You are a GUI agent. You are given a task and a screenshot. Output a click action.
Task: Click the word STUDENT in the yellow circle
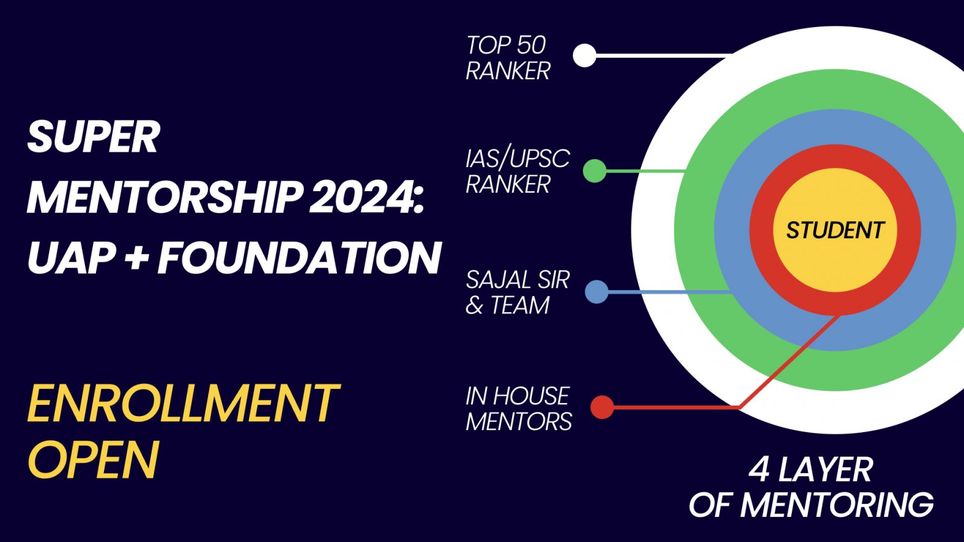(835, 230)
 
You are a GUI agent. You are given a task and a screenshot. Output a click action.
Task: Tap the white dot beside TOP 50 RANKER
(585, 55)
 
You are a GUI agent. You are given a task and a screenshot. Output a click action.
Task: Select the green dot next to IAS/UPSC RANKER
(595, 171)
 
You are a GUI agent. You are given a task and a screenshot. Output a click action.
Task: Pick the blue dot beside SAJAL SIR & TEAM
(596, 292)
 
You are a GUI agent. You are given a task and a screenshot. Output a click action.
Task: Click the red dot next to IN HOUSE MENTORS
(602, 407)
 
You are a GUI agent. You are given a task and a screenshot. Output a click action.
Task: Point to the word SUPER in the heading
(93, 137)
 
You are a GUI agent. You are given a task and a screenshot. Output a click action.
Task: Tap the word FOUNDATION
(299, 257)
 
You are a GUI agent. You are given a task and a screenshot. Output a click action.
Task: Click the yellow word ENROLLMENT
(183, 404)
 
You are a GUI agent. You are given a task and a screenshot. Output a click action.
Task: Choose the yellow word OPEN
(93, 460)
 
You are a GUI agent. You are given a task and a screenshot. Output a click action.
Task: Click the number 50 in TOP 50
(531, 45)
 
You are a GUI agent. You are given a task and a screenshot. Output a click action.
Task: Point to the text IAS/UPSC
(518, 159)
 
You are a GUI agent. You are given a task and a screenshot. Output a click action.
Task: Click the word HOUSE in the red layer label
(531, 396)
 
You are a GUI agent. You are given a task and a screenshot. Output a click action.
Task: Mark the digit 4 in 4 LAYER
(759, 469)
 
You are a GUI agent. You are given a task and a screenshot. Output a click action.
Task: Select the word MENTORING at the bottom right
(837, 505)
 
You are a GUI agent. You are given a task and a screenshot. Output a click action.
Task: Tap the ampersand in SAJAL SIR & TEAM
(474, 305)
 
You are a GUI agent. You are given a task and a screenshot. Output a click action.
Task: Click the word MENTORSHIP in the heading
(165, 197)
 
